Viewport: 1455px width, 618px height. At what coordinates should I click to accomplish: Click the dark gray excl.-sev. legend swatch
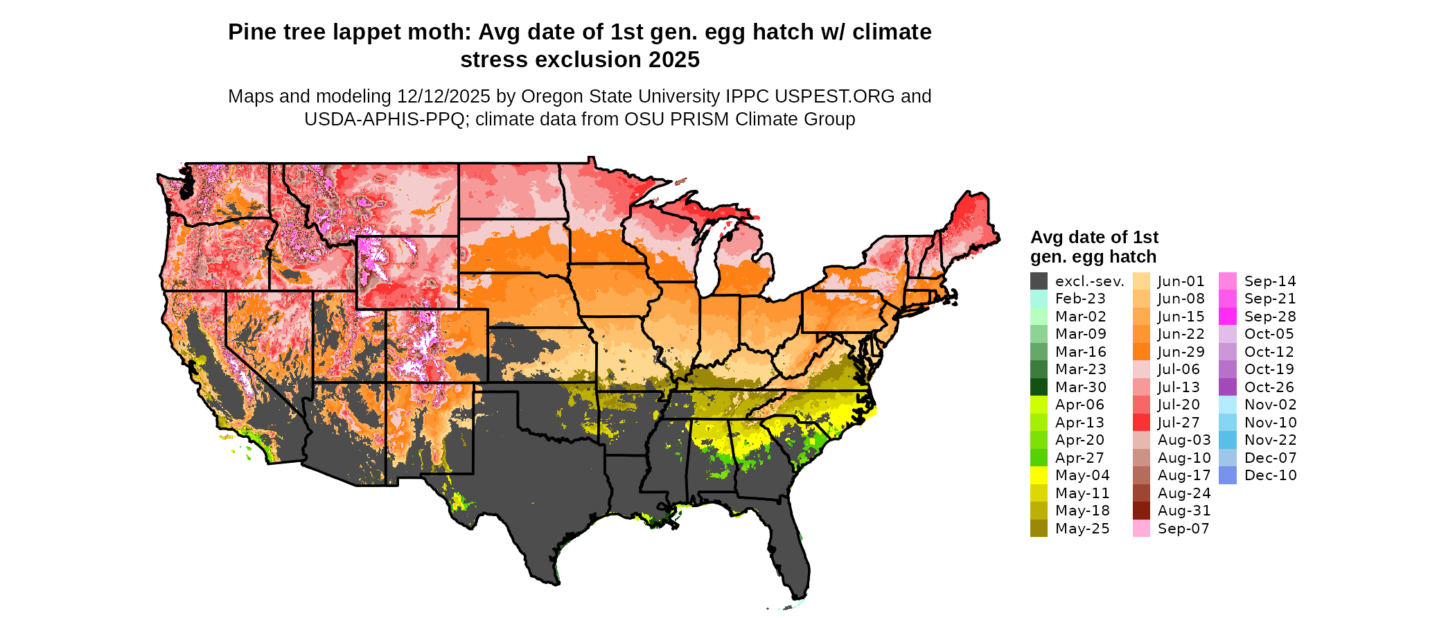tap(1039, 281)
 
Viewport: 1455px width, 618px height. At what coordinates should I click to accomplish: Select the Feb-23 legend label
tap(1080, 299)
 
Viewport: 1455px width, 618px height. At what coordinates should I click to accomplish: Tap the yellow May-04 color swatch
tap(1039, 475)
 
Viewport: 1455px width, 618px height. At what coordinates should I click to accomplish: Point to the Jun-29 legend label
tap(1181, 352)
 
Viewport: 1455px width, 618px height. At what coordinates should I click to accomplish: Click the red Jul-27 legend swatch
tap(1141, 423)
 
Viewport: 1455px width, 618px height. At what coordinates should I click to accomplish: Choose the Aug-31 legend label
tap(1183, 511)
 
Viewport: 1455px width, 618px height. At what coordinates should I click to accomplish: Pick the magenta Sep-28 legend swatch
tap(1227, 317)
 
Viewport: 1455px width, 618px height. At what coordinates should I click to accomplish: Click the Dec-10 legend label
tap(1270, 475)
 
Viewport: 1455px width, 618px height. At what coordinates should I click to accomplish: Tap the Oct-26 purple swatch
tap(1227, 387)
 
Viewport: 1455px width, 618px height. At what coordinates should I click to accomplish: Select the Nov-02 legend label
tap(1270, 405)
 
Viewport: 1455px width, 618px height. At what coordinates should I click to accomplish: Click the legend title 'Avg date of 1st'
tap(1094, 237)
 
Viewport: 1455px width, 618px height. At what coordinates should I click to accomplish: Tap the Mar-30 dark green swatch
tap(1039, 387)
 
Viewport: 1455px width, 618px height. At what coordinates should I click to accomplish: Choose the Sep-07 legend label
tap(1183, 529)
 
